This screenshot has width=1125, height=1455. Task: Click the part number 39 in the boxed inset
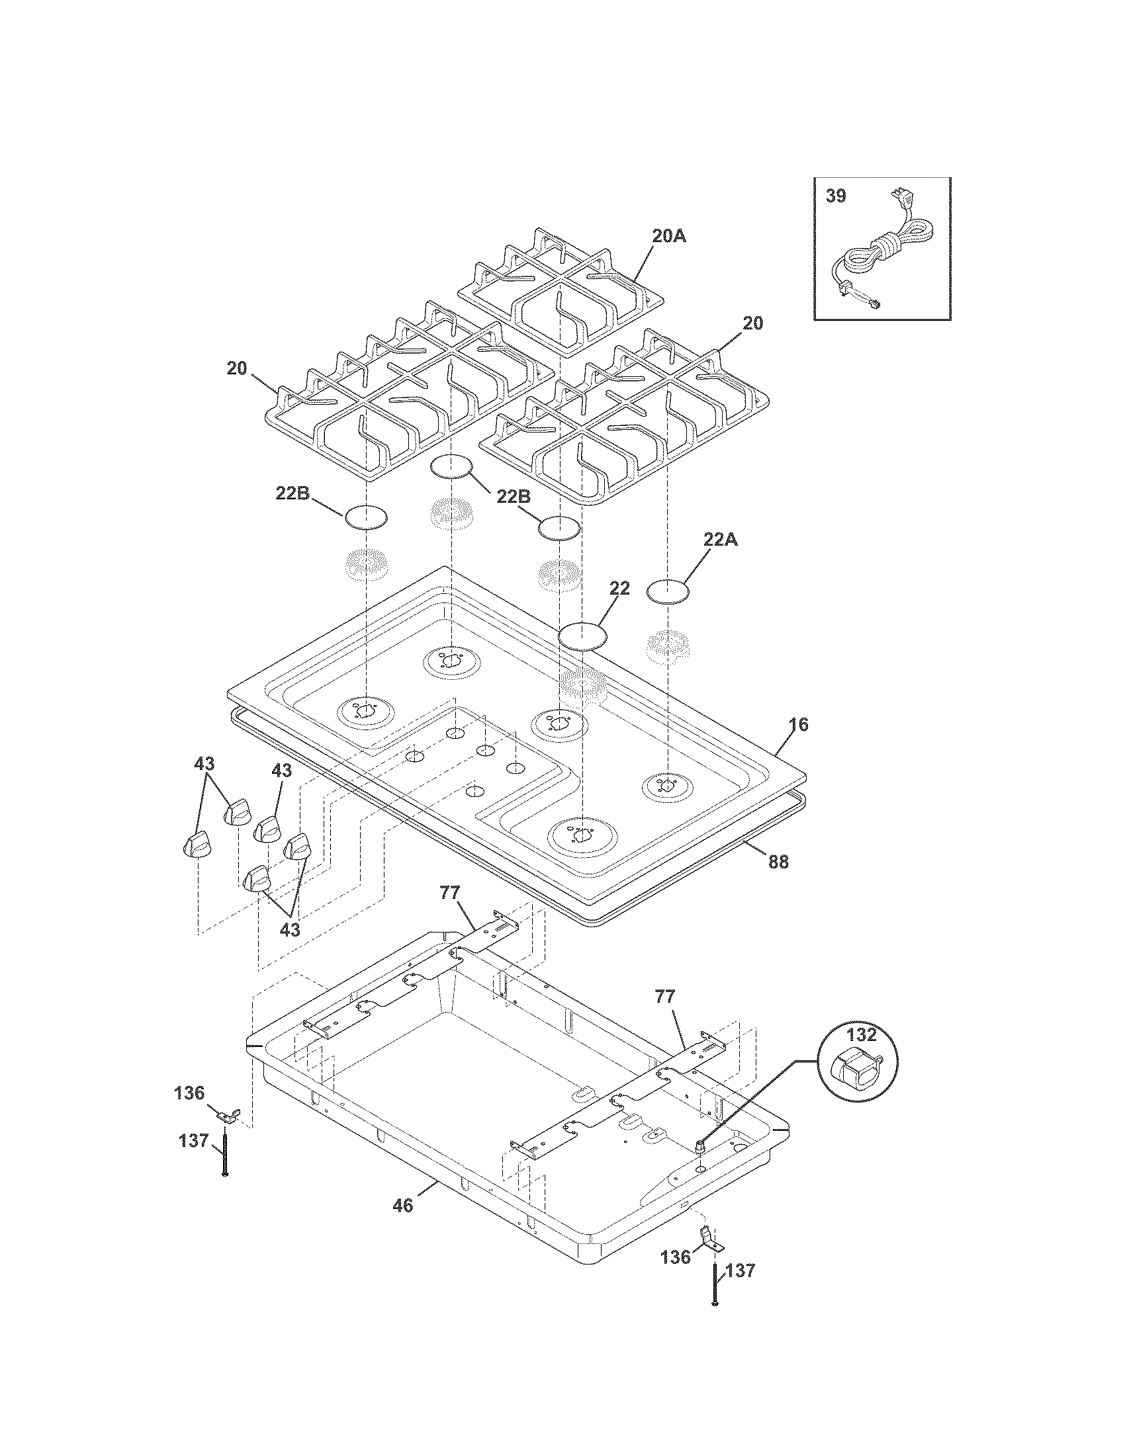(836, 196)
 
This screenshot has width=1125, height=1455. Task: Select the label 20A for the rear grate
(668, 236)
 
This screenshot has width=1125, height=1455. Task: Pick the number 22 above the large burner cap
(619, 588)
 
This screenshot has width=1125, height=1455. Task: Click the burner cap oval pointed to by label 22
(583, 636)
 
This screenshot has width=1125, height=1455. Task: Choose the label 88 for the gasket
(778, 861)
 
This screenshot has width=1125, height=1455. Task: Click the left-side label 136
(189, 1093)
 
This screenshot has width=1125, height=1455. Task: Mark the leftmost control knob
(195, 845)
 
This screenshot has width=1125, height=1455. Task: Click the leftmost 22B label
(292, 493)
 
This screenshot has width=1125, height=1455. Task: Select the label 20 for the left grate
(237, 368)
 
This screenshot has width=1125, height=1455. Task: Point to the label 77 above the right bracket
(665, 1015)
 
